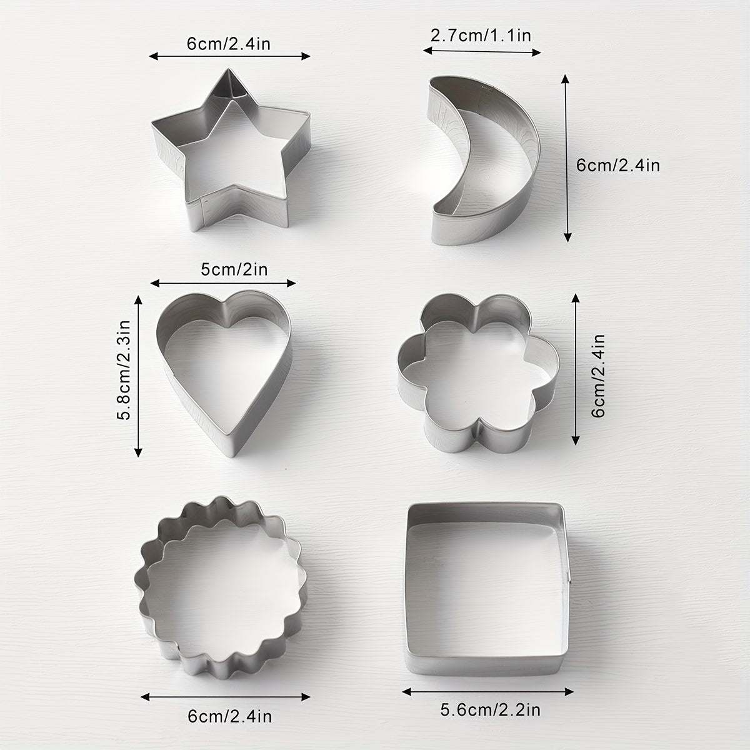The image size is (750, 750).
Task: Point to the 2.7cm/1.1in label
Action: click(x=481, y=35)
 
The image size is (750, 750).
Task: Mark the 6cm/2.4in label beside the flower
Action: click(x=599, y=375)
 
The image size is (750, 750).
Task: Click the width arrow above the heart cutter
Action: click(x=223, y=282)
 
